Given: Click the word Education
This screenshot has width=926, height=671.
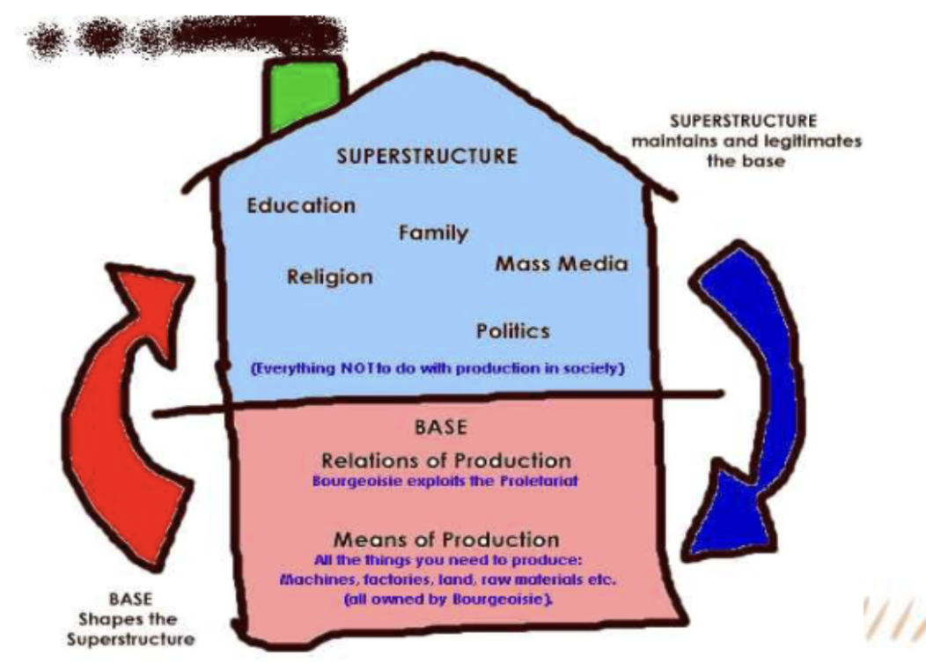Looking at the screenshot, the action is tap(301, 206).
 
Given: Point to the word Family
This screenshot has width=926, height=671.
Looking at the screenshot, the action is tap(433, 233).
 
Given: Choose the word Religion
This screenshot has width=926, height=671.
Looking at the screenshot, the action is tap(330, 277).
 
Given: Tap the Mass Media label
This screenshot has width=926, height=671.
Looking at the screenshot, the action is tap(562, 263).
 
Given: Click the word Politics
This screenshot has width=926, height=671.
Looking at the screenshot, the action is tap(513, 331).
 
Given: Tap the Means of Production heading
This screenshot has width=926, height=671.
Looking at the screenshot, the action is tap(445, 539).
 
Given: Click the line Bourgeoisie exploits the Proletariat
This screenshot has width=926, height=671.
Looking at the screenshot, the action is tap(447, 483).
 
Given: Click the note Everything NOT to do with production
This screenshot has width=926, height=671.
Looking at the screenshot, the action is tap(438, 369).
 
